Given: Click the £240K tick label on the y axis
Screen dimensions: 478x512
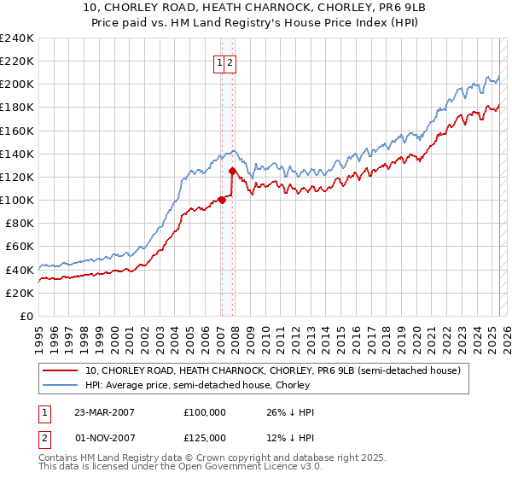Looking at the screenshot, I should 16,38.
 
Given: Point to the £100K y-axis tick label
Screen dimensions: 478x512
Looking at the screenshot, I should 16,200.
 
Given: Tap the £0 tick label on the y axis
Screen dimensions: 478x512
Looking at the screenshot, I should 26,316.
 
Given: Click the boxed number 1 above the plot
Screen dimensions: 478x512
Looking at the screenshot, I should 219,62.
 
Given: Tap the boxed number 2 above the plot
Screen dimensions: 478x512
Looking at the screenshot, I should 230,62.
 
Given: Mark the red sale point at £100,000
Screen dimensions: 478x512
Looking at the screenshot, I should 222,200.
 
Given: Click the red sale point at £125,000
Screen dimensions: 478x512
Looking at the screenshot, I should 232,171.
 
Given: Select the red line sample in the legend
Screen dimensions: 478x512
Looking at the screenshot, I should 61,371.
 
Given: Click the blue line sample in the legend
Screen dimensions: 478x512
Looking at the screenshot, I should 61,386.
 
